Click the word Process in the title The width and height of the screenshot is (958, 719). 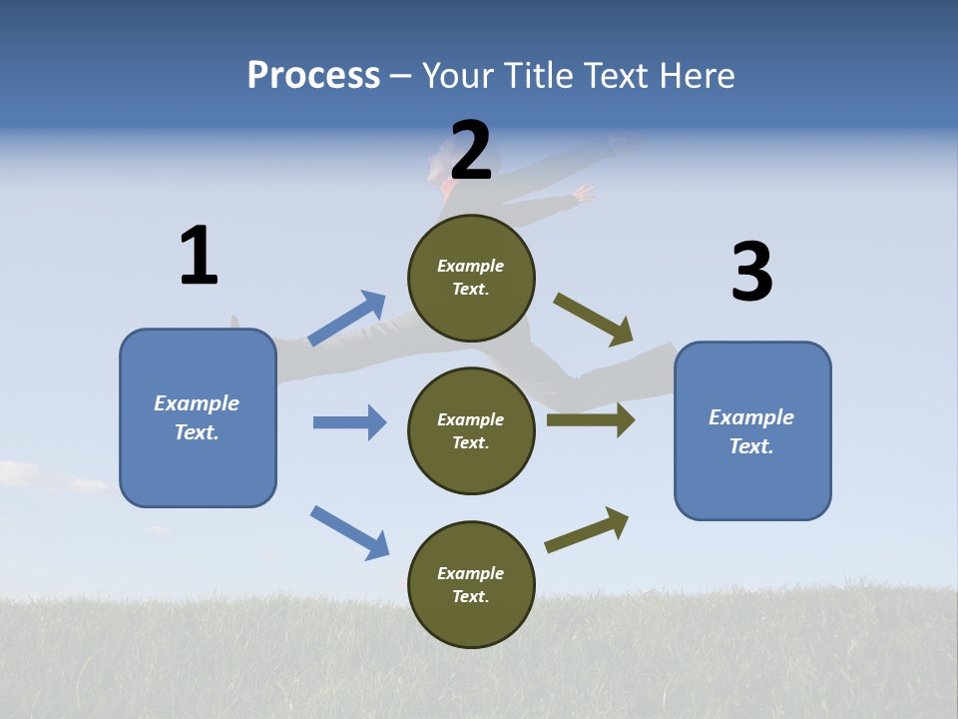point(313,76)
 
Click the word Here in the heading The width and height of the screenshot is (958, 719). point(694,76)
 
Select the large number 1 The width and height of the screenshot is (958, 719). point(199,257)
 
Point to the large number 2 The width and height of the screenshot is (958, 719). point(471,151)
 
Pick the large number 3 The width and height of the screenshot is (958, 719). point(751,273)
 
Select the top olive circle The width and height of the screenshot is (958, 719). point(471,277)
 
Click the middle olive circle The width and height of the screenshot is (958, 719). point(471,430)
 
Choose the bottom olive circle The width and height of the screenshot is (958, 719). point(471,584)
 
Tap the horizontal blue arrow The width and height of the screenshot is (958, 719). point(349,422)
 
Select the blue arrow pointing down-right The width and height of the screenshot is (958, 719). point(349,532)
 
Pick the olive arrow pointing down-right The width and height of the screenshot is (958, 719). point(594,320)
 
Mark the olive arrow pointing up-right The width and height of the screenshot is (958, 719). point(588,530)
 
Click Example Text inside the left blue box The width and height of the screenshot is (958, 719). point(197,417)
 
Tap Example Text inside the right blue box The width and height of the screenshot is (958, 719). point(751,431)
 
